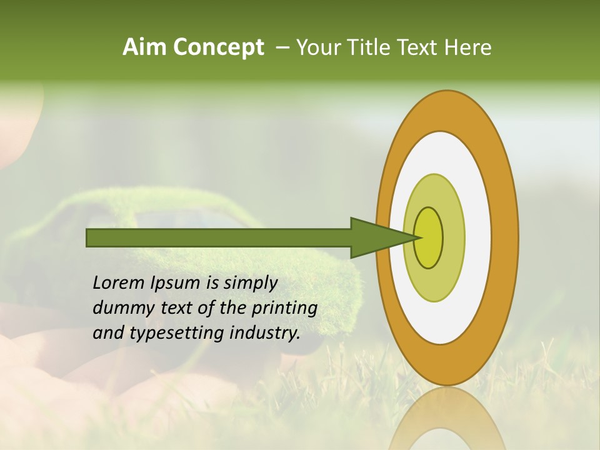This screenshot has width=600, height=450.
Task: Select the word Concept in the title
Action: pyautogui.click(x=219, y=48)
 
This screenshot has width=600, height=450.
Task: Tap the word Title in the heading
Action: pyautogui.click(x=366, y=47)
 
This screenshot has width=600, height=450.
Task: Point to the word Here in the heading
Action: pyautogui.click(x=468, y=47)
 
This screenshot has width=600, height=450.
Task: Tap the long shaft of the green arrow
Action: pyautogui.click(x=219, y=237)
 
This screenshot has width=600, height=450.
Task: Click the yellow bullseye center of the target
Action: pyautogui.click(x=429, y=237)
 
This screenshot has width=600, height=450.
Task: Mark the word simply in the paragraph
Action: pyautogui.click(x=250, y=283)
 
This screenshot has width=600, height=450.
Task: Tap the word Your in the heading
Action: pyautogui.click(x=316, y=47)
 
